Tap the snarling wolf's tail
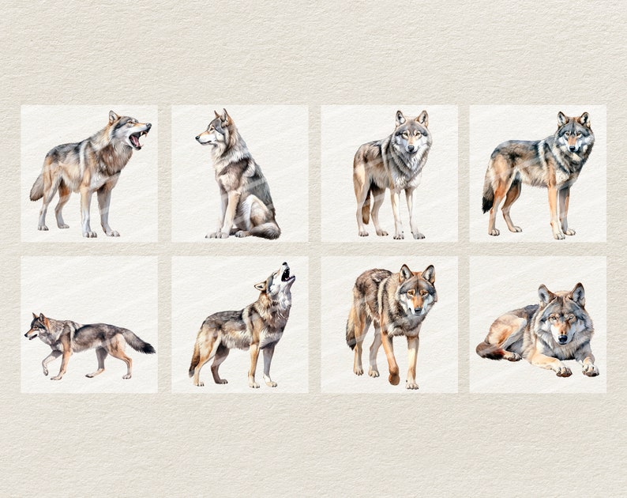pos(37,188)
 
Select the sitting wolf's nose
pos(198,138)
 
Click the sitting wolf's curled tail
pos(265,231)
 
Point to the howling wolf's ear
pos(261,285)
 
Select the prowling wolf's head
pos(35,325)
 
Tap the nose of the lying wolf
pos(562,338)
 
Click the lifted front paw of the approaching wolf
pos(393,379)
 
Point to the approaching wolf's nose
pos(416,311)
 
